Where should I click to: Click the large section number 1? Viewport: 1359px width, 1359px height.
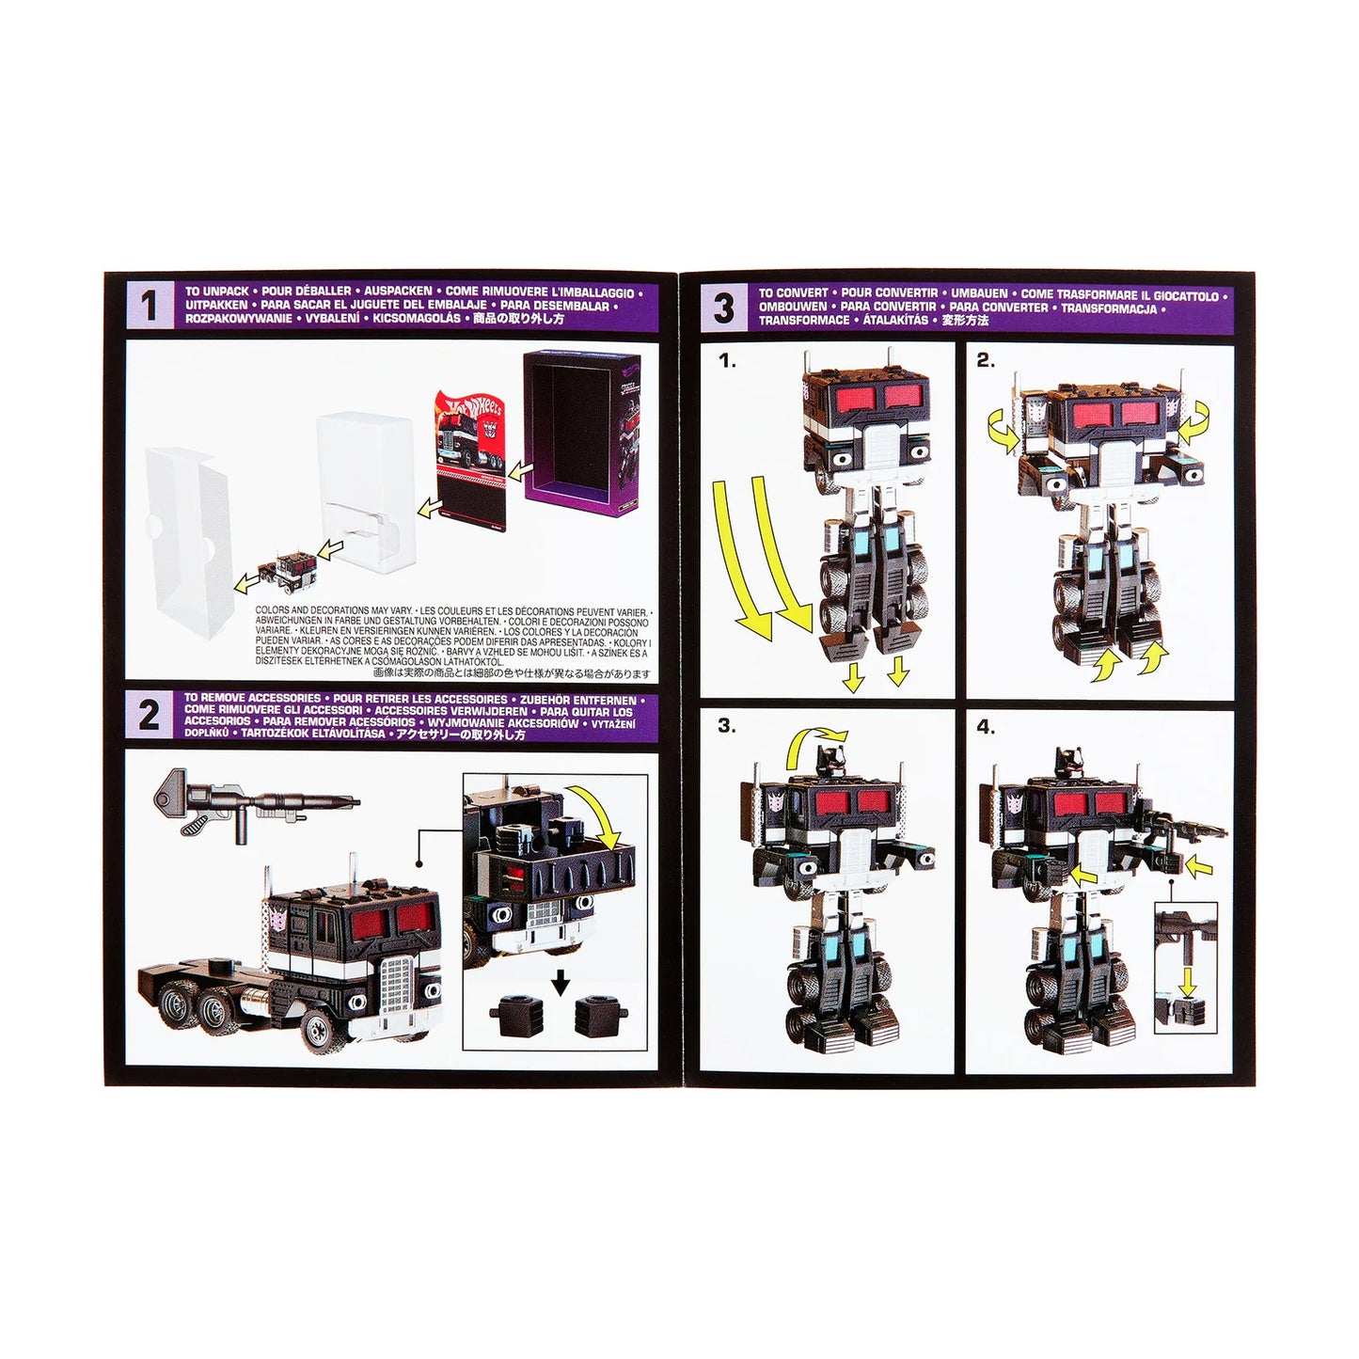[149, 306]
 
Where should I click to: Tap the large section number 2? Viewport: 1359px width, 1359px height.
[149, 716]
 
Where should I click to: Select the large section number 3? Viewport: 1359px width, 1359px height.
[723, 308]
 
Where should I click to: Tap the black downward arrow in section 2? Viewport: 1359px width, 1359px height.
[561, 982]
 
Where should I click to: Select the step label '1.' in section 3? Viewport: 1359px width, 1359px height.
[727, 360]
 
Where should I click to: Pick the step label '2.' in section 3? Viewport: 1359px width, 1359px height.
[986, 360]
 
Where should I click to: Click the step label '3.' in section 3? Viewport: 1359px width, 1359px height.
[727, 725]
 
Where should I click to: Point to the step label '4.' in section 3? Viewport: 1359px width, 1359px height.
[986, 726]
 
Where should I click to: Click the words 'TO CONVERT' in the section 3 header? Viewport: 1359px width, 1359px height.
[793, 293]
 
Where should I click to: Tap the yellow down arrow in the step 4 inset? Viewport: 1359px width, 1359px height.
[1188, 981]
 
